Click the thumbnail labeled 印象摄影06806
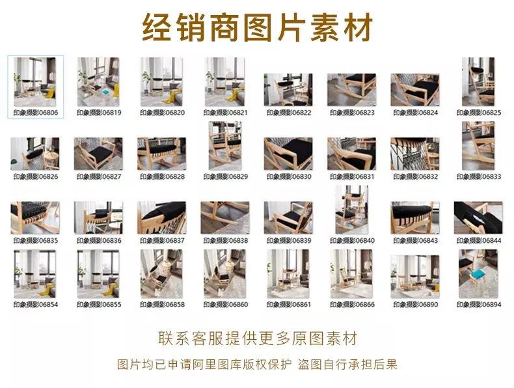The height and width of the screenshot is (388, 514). pos(34,81)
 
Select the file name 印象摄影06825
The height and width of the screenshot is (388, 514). pos(479,113)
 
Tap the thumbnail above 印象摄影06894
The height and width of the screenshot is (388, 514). pos(479,273)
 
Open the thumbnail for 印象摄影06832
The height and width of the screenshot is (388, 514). pos(414,154)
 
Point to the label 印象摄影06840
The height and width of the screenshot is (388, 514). pos(352,240)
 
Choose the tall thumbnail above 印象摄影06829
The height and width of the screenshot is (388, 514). pos(225,146)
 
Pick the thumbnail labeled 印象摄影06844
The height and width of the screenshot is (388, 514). pos(478,218)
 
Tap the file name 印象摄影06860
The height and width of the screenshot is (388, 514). pos(226,305)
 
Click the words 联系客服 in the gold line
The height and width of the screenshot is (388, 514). pos(191,339)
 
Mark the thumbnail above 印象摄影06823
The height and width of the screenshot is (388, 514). pos(351,90)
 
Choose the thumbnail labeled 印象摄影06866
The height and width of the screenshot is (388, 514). pos(351,273)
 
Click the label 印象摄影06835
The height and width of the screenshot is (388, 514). pos(35,240)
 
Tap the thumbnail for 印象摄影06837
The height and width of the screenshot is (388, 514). pos(161,218)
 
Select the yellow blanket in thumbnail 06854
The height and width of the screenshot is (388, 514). pos(47,290)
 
